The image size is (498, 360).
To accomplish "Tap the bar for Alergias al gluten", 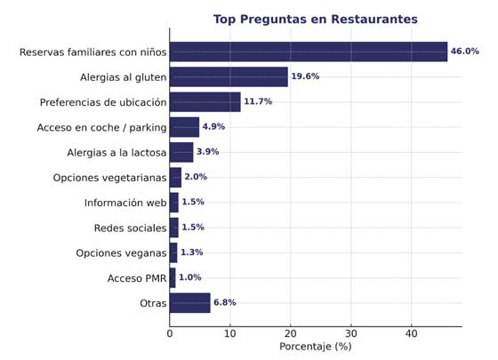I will [229, 76].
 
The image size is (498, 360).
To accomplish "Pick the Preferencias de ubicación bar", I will [205, 102].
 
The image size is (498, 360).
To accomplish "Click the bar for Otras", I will [189, 303].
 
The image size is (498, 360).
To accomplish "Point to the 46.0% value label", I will [464, 52].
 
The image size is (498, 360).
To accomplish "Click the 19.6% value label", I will [305, 76].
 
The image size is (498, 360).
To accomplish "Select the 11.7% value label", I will [258, 102].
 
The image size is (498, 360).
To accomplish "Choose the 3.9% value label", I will [207, 152].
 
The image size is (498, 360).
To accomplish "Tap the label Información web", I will [125, 203].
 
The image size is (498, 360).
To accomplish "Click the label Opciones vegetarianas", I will [109, 178].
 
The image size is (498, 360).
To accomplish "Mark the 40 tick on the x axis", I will [412, 334].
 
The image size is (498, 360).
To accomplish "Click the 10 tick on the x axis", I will [229, 334].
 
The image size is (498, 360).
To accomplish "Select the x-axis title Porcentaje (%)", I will [315, 347].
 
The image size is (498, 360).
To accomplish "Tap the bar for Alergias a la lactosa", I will [181, 152].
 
